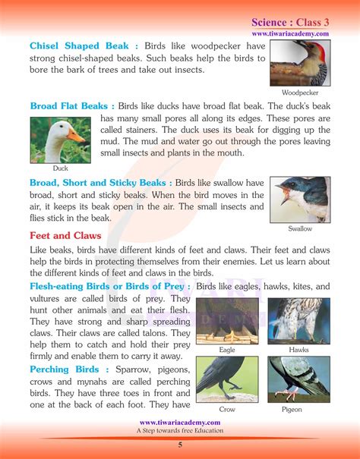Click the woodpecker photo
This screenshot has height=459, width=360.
300,62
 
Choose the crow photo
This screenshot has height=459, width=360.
227,379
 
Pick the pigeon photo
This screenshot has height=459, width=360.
298,379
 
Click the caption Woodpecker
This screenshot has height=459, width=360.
299,92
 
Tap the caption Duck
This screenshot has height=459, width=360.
59,168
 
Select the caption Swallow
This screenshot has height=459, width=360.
300,228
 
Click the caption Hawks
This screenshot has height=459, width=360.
298,350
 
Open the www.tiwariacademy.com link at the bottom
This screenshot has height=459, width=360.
181,422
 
